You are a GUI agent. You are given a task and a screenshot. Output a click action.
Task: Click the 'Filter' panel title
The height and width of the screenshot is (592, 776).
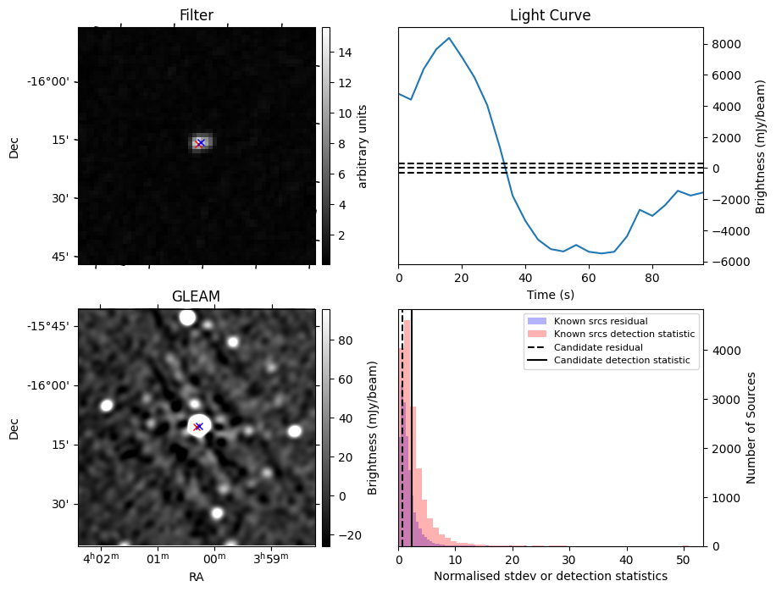click(x=197, y=15)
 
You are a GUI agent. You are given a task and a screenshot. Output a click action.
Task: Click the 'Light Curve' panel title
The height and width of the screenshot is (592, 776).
click(x=550, y=15)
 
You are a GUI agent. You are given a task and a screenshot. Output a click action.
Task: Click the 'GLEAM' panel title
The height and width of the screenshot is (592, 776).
click(x=196, y=296)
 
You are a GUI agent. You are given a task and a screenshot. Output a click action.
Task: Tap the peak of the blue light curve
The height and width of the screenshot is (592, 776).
click(x=449, y=38)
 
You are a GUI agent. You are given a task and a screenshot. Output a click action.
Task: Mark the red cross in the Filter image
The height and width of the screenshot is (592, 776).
click(x=200, y=143)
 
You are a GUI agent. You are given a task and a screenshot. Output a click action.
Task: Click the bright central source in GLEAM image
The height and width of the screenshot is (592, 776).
click(x=198, y=426)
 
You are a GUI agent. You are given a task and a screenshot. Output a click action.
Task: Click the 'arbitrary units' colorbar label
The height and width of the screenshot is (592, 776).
click(x=363, y=146)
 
